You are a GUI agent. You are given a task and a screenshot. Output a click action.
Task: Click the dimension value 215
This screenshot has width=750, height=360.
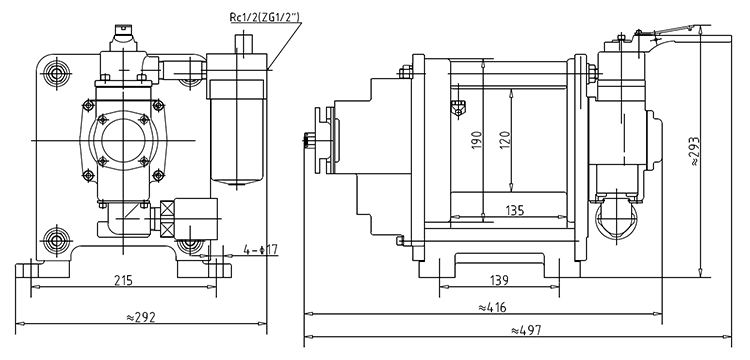tap(123, 280)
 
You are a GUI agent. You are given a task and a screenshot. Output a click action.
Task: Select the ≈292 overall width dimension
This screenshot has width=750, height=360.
tap(141, 317)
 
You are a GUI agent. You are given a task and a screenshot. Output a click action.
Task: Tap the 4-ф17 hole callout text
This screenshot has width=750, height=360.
tap(260, 250)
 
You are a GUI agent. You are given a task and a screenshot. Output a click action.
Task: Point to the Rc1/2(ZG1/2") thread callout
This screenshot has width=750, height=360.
tap(265, 18)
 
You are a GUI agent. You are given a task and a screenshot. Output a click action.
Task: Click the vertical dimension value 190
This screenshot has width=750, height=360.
tap(477, 140)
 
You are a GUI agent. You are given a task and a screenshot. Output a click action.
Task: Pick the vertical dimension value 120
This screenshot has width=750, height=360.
tap(506, 140)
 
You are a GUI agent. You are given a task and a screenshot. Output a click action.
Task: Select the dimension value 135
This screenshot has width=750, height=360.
tap(515, 210)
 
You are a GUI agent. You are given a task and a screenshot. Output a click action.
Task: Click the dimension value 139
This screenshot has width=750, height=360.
tap(499, 280)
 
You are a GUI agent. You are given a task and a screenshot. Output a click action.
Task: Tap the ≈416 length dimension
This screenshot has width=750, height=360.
tap(492, 307)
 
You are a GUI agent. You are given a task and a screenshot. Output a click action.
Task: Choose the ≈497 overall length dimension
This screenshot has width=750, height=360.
tap(526, 330)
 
